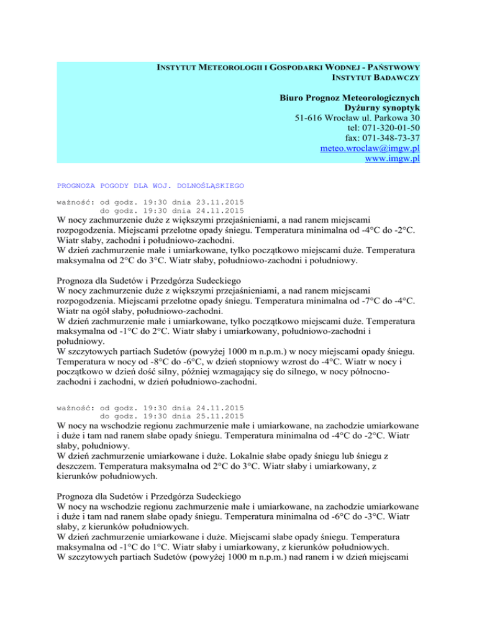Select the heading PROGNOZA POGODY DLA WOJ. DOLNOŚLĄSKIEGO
[150, 185]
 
